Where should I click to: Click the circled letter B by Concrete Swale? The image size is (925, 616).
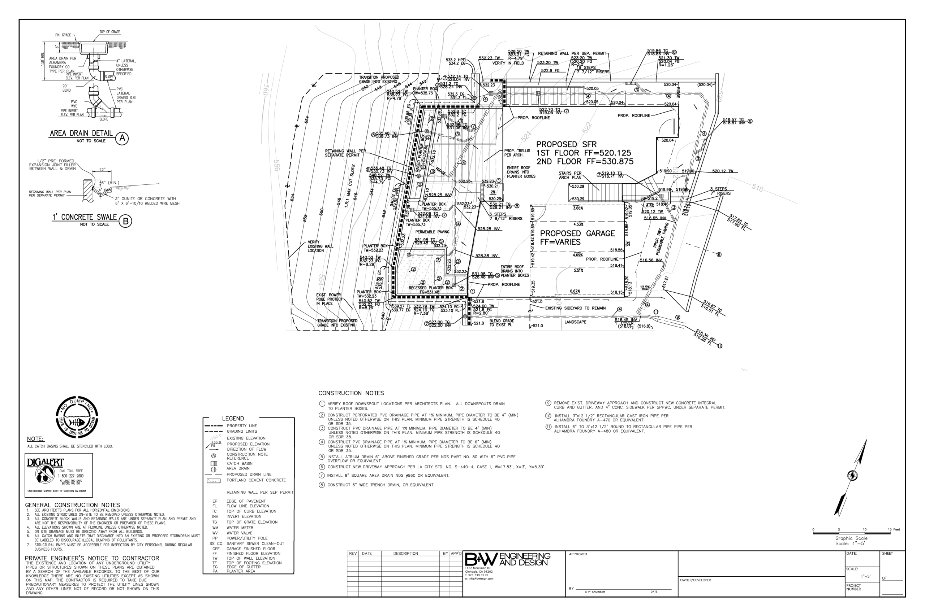click(x=125, y=221)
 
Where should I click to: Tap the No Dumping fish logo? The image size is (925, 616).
click(x=77, y=417)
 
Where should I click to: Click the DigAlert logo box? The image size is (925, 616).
click(x=59, y=475)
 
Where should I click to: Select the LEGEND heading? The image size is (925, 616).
click(x=233, y=418)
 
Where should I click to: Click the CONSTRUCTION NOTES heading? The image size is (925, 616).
click(x=351, y=393)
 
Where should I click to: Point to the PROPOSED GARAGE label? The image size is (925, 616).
click(x=577, y=233)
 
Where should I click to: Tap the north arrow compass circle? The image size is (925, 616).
click(x=852, y=475)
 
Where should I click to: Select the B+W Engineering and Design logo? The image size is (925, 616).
click(x=508, y=560)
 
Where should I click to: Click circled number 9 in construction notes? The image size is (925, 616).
click(x=548, y=403)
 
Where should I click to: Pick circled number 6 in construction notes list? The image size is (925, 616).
click(x=322, y=467)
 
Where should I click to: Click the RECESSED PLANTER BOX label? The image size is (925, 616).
click(x=430, y=288)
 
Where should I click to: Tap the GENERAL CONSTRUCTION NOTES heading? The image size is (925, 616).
click(x=72, y=505)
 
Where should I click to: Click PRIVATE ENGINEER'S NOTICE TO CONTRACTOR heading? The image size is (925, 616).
click(x=92, y=558)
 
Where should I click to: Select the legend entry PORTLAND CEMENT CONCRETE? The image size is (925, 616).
click(x=256, y=480)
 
